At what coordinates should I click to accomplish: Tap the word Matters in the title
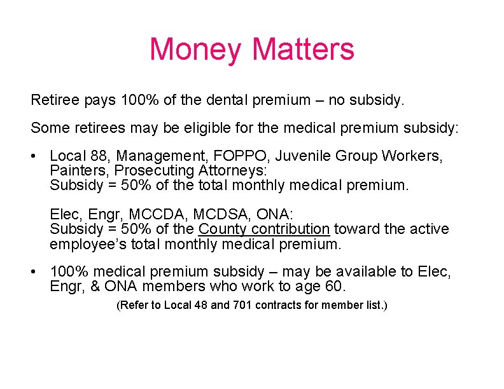pos(303,50)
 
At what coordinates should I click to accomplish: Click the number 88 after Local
pos(100,156)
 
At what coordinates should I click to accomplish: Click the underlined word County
pos(223,229)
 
